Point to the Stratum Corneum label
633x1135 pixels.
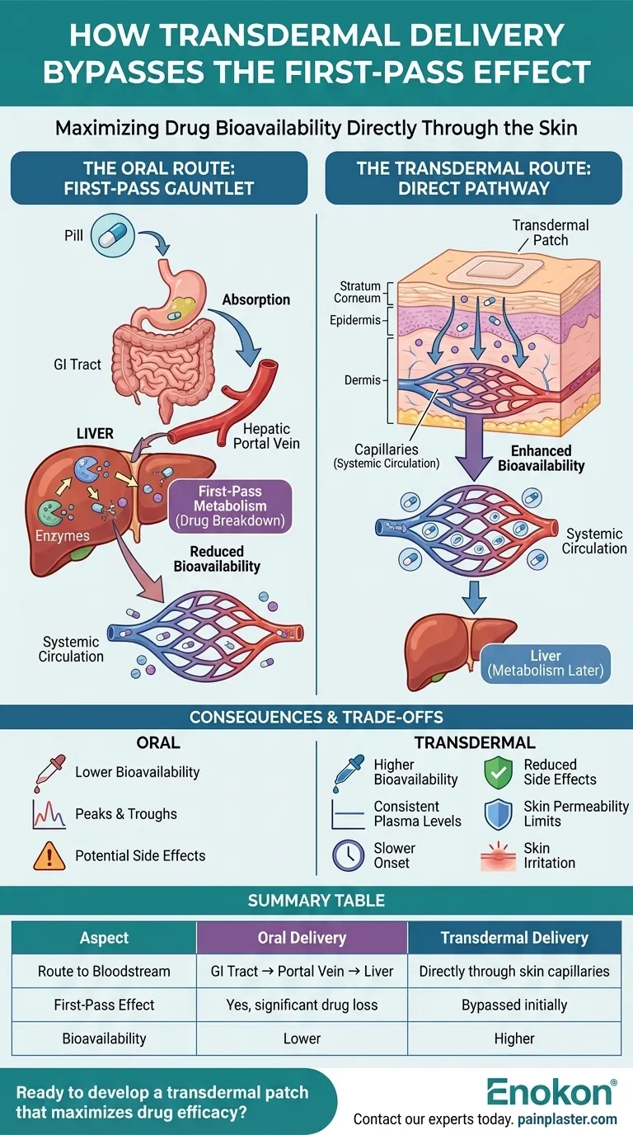(358, 292)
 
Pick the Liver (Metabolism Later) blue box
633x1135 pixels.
(546, 663)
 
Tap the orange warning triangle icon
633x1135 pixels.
(49, 856)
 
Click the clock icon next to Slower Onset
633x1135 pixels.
(348, 855)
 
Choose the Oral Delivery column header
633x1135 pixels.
(302, 938)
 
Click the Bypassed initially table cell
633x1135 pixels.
(514, 1005)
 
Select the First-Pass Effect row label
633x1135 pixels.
(104, 1005)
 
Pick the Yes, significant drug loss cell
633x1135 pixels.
(302, 1005)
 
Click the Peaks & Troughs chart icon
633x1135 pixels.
(49, 814)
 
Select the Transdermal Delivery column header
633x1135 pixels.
(514, 938)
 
